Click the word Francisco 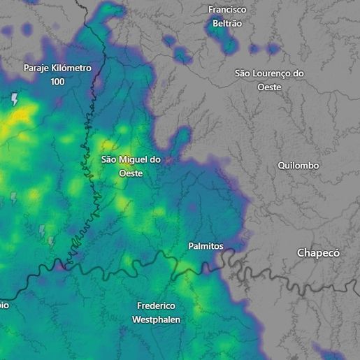(228, 10)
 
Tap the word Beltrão (228, 23)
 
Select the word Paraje (38, 68)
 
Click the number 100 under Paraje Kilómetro (58, 81)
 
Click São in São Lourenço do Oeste (243, 73)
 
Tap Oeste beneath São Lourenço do (268, 87)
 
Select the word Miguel (130, 160)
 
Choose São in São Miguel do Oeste (108, 160)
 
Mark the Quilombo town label (298, 166)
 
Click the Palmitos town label (206, 246)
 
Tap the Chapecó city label (318, 253)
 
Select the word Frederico (156, 306)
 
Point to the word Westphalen (156, 319)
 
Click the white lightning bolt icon (14, 100)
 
